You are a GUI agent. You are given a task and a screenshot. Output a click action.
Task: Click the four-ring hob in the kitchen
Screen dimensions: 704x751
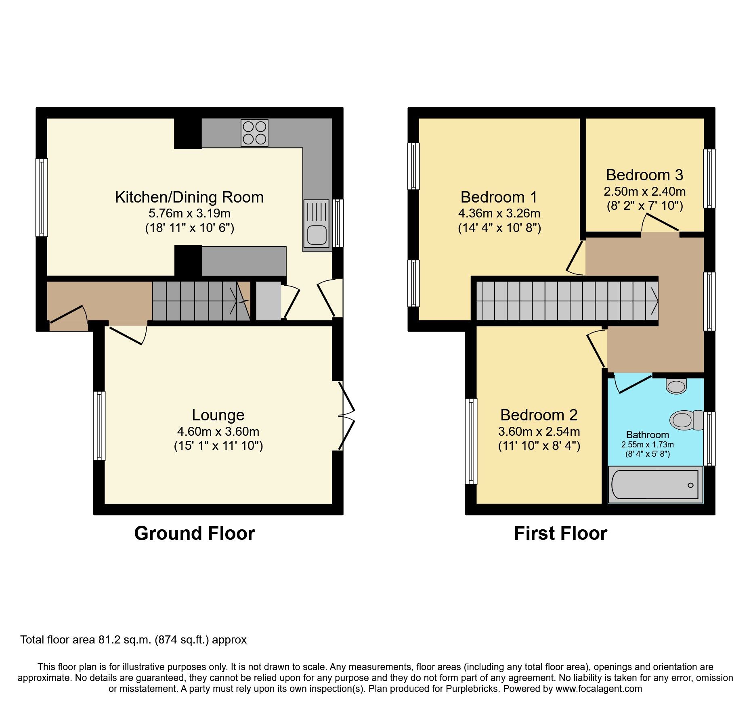tap(254, 133)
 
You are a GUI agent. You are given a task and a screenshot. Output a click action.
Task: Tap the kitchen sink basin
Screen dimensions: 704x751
tap(317, 235)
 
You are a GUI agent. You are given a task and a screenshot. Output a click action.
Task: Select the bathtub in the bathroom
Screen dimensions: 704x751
tap(655, 485)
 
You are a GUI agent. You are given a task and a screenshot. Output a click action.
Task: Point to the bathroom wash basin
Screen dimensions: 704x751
tap(676, 386)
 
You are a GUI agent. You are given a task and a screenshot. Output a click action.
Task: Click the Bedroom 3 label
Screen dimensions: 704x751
tap(644, 175)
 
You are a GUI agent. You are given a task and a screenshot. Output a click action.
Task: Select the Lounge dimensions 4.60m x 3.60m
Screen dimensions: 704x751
tap(218, 432)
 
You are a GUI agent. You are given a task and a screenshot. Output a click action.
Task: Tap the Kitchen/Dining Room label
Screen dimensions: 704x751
tap(189, 197)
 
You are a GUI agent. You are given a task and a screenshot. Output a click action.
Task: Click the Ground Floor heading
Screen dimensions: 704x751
tap(194, 533)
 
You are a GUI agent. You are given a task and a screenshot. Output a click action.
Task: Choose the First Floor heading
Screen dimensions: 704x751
tap(560, 533)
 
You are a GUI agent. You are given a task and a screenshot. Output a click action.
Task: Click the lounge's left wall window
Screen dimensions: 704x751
tap(99, 426)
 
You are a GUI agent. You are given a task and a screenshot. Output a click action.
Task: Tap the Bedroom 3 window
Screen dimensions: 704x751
tap(709, 179)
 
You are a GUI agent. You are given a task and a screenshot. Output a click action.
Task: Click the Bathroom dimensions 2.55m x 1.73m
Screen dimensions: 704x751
tap(647, 445)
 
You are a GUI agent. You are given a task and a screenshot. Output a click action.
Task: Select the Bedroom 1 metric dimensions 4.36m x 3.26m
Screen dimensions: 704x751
tap(499, 213)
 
